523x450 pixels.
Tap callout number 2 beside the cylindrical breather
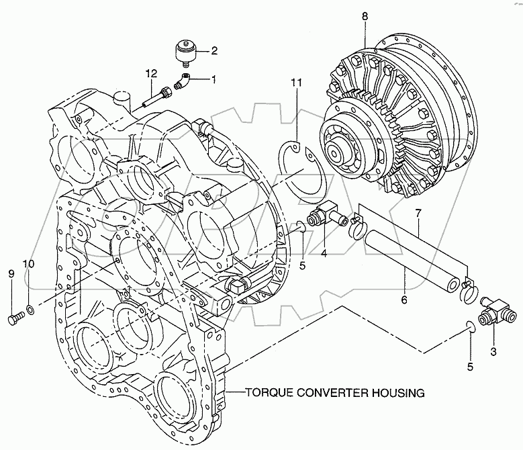213,50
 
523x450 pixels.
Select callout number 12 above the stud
153,73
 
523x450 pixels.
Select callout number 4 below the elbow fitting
324,253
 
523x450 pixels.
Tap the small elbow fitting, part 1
183,83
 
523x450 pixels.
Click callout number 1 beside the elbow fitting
214,79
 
